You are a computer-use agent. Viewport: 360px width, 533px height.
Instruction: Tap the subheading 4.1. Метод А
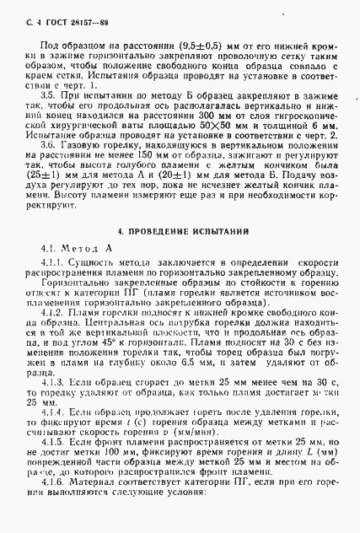pyautogui.click(x=76, y=250)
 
